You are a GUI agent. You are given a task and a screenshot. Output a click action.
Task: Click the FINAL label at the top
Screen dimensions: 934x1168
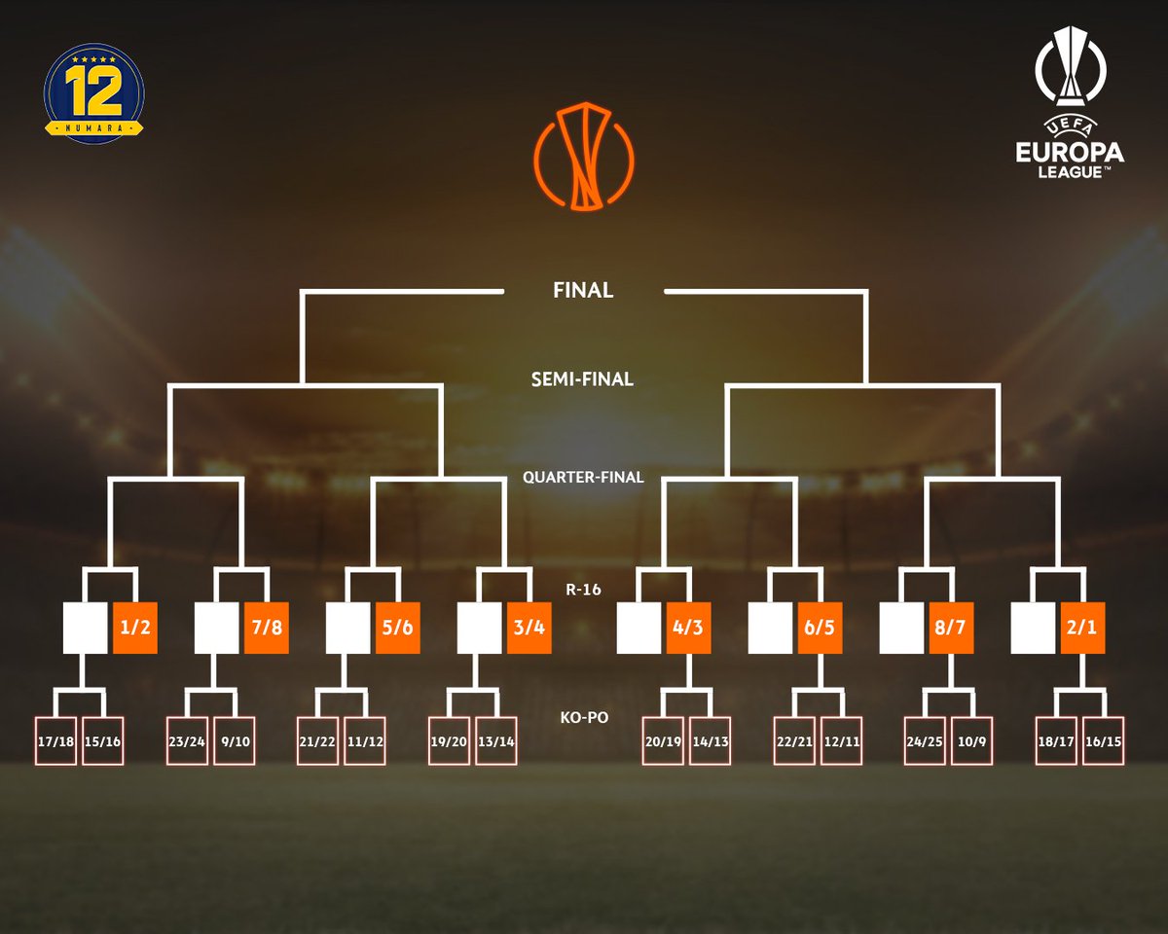pyautogui.click(x=583, y=290)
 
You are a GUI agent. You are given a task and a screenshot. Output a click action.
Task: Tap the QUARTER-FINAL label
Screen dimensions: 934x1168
pyautogui.click(x=583, y=478)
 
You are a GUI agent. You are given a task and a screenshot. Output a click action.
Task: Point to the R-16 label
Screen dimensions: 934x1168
pyautogui.click(x=583, y=588)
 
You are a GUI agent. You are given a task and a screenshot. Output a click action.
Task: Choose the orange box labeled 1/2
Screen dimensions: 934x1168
pyautogui.click(x=136, y=629)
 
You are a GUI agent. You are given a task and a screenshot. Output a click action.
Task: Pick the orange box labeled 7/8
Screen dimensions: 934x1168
pyautogui.click(x=267, y=629)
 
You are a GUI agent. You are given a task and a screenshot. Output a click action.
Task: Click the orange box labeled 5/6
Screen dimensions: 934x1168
pyautogui.click(x=398, y=629)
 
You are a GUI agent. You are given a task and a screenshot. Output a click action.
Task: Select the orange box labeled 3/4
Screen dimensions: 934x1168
pyautogui.click(x=529, y=629)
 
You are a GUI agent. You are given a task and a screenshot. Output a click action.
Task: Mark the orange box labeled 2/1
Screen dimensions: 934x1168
pyautogui.click(x=1083, y=629)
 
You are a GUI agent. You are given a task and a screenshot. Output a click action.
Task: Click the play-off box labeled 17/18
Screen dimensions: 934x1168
pyautogui.click(x=55, y=741)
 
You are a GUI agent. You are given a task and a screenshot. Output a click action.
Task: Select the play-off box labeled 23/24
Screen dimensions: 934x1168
pyautogui.click(x=187, y=741)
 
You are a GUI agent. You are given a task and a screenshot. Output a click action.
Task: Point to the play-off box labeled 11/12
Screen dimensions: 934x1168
pyautogui.click(x=365, y=741)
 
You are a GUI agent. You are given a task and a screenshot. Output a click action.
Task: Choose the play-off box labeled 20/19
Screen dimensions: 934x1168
pyautogui.click(x=663, y=741)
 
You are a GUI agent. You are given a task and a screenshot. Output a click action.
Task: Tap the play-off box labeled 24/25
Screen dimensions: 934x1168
pyautogui.click(x=925, y=741)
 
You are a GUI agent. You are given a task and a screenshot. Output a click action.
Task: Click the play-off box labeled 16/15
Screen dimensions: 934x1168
pyautogui.click(x=1104, y=741)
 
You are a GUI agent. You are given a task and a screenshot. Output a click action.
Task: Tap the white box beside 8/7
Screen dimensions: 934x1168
pyautogui.click(x=900, y=629)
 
